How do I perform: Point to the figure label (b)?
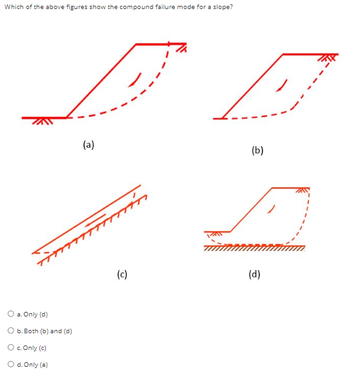(257, 150)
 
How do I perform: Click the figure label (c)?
(122, 273)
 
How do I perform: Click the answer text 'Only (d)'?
(36, 314)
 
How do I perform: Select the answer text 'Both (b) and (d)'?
(45, 331)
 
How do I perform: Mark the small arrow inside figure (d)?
(274, 208)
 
